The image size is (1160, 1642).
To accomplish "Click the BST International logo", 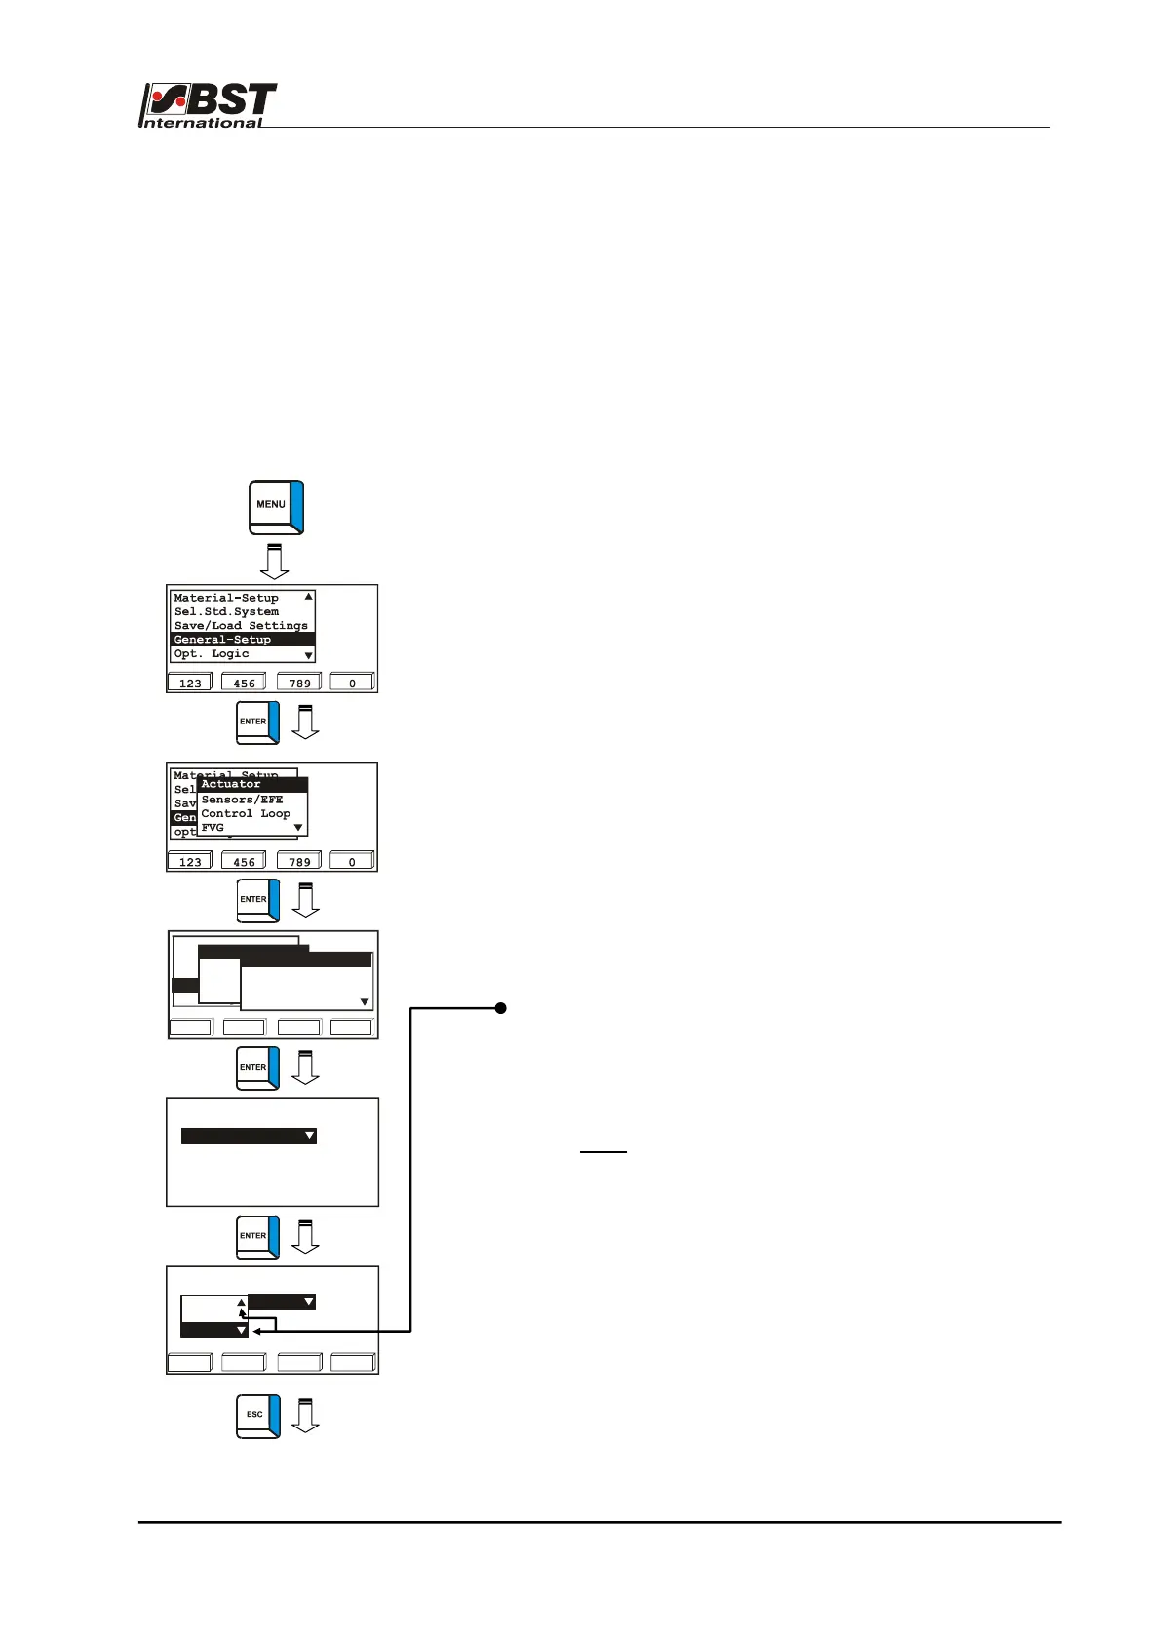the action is click(x=209, y=104).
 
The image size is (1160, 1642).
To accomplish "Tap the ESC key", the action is click(x=257, y=1416).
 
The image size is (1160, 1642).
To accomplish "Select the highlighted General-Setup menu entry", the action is click(x=242, y=640).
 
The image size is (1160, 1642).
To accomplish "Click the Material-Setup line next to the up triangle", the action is click(x=226, y=598).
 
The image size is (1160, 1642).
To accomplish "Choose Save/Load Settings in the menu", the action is click(x=241, y=626).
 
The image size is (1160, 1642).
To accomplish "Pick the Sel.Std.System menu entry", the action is click(x=226, y=612).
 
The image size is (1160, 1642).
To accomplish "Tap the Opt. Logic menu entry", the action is click(x=212, y=654).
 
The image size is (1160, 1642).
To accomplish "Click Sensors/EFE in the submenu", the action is click(x=242, y=800).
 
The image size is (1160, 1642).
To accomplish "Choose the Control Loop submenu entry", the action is click(x=246, y=813).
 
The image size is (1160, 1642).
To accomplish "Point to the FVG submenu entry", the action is click(x=213, y=828).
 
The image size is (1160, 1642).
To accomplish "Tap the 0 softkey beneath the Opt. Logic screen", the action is click(x=352, y=683).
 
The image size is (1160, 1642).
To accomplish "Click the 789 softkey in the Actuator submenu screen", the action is click(x=299, y=862).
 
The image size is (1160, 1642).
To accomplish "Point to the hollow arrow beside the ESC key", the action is click(x=305, y=1416).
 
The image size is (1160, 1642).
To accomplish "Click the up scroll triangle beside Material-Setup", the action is click(x=309, y=597).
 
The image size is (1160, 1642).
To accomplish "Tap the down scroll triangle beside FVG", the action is click(x=298, y=828).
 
